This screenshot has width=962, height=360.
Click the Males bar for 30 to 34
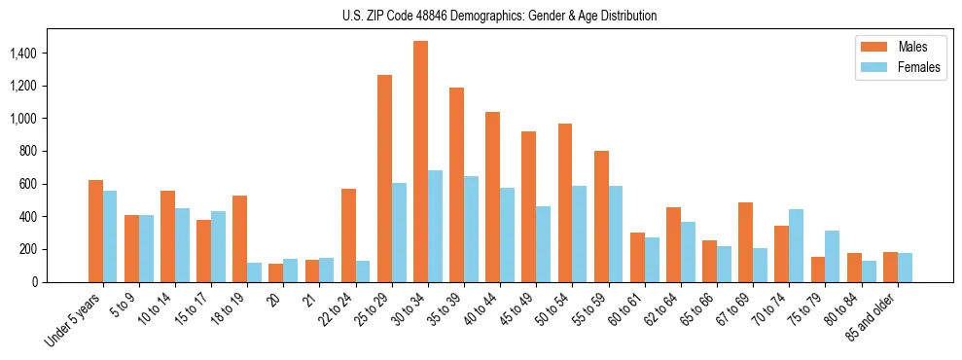click(420, 162)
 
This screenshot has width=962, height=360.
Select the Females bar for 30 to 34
click(435, 227)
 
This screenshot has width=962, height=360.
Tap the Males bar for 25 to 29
click(384, 178)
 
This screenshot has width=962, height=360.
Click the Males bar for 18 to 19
click(240, 238)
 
